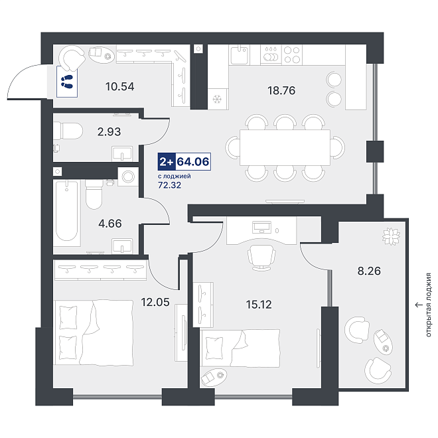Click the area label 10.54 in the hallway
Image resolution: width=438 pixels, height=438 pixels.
[x=120, y=86]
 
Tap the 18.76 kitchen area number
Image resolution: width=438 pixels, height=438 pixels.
[x=281, y=90]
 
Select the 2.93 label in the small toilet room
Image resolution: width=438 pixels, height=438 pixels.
[x=110, y=131]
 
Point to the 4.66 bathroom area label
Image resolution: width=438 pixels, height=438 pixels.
[x=110, y=224]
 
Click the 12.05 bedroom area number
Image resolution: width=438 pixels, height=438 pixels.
[x=155, y=302]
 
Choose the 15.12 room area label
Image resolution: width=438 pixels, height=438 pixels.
[x=259, y=305]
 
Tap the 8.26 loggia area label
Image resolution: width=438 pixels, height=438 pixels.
[x=369, y=271]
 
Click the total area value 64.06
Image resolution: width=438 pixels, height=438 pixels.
[x=193, y=161]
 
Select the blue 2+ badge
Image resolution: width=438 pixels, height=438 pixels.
[x=167, y=161]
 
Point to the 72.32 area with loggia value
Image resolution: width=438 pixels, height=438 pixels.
[x=169, y=185]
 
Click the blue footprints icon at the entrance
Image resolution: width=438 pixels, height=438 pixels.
[x=67, y=82]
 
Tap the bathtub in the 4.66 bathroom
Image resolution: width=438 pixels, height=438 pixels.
[x=67, y=211]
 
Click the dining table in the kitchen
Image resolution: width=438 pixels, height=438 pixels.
[x=285, y=147]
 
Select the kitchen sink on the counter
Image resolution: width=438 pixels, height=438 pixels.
[x=240, y=54]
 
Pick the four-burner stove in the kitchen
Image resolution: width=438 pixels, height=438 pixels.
[x=292, y=54]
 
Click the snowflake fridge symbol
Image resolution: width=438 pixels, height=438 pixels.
[x=217, y=99]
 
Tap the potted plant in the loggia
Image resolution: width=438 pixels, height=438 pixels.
[x=391, y=237]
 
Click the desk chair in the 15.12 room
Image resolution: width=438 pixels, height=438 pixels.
[x=261, y=257]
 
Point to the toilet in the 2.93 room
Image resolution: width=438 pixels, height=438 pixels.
[x=68, y=131]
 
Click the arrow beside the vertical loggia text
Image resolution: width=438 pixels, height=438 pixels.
[x=419, y=305]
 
